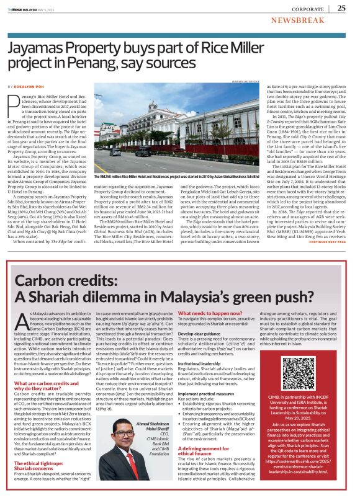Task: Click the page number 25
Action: click(341, 7)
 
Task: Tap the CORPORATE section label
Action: click(310, 8)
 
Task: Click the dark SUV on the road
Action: click(143, 151)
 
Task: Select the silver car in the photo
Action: click(115, 152)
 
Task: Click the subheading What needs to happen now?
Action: click(210, 314)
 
